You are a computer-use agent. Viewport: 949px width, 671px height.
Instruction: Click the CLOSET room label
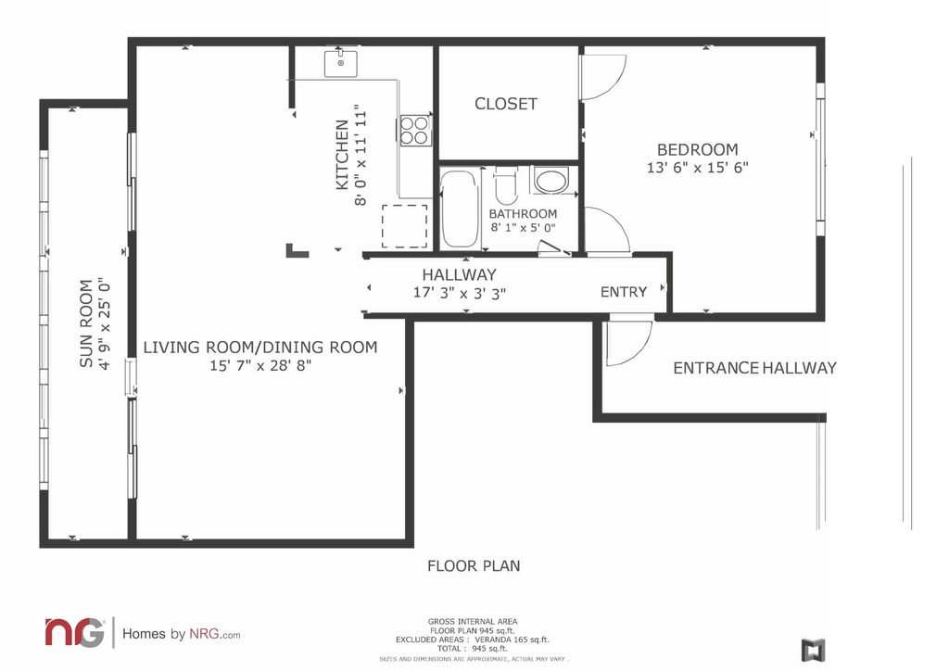(x=505, y=104)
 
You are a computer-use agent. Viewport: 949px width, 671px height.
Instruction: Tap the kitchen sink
(x=341, y=64)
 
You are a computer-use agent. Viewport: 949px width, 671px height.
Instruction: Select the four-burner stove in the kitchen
(x=415, y=131)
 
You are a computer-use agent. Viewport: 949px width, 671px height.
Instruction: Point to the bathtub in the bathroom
(x=460, y=209)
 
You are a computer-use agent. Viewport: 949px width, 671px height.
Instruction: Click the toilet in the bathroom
(x=505, y=186)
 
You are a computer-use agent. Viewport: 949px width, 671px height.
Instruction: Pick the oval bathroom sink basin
(x=551, y=181)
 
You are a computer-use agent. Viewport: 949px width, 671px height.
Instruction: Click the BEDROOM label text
(x=697, y=149)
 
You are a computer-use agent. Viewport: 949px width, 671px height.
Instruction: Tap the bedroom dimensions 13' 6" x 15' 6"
(x=697, y=168)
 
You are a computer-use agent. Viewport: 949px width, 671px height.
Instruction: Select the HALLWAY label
(x=460, y=274)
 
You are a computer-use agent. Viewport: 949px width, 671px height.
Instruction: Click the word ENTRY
(x=624, y=292)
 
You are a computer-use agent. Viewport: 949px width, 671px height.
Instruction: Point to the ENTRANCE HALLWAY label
(x=754, y=368)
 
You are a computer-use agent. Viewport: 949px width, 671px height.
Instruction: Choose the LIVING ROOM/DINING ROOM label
(x=260, y=348)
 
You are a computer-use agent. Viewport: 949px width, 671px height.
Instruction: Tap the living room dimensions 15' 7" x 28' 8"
(x=260, y=365)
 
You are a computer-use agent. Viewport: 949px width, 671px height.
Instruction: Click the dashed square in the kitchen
(x=404, y=226)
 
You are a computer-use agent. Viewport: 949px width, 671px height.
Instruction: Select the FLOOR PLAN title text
(x=474, y=566)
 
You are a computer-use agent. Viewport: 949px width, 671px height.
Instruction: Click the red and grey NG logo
(x=74, y=632)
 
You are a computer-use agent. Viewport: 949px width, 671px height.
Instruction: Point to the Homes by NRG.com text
(x=181, y=634)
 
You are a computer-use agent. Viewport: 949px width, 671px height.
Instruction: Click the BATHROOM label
(x=523, y=214)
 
